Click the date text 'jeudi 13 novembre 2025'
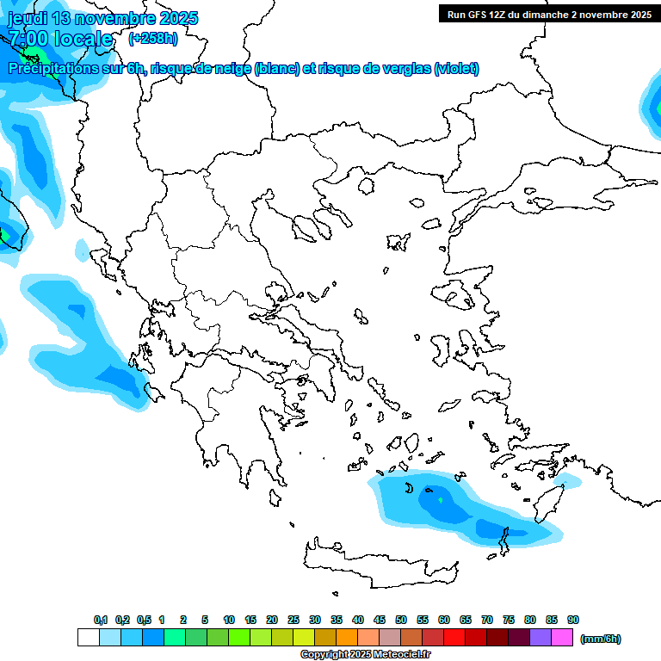(x=102, y=18)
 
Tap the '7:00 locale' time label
(x=60, y=39)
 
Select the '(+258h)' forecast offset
(x=153, y=39)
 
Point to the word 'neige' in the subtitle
(x=231, y=69)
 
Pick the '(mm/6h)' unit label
(x=600, y=639)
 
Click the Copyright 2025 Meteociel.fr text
(x=366, y=654)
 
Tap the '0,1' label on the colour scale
(x=101, y=620)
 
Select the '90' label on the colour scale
(x=573, y=620)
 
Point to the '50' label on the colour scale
(x=401, y=620)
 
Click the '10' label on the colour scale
(x=229, y=620)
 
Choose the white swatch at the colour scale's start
(x=88, y=638)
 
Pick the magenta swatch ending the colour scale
(x=562, y=638)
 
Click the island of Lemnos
(x=397, y=241)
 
